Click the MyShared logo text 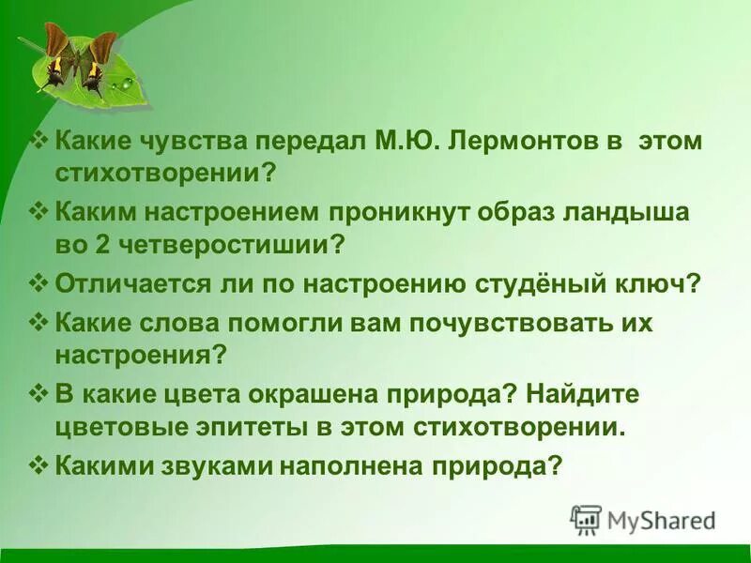click(660, 520)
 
